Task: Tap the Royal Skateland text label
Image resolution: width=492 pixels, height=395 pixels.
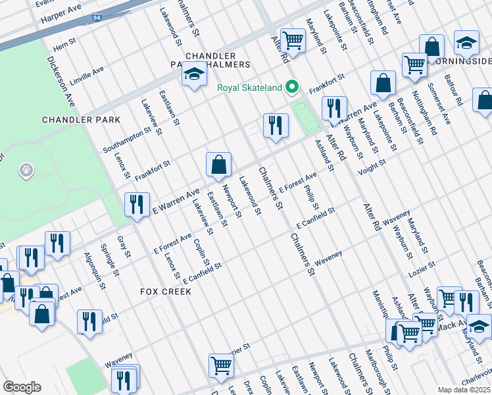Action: tap(251, 88)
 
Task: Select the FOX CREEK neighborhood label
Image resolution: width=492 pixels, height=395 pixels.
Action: tap(164, 291)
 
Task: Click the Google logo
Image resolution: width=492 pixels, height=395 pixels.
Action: tap(21, 387)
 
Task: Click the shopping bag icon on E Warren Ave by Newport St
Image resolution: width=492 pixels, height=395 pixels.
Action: tap(218, 165)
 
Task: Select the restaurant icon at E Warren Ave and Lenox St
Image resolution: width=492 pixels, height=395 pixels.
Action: tap(137, 204)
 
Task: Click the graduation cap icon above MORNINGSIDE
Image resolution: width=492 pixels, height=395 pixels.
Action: tap(466, 43)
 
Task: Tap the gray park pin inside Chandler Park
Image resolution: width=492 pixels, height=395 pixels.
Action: tap(26, 171)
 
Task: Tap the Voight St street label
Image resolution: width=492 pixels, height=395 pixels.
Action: tap(371, 170)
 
